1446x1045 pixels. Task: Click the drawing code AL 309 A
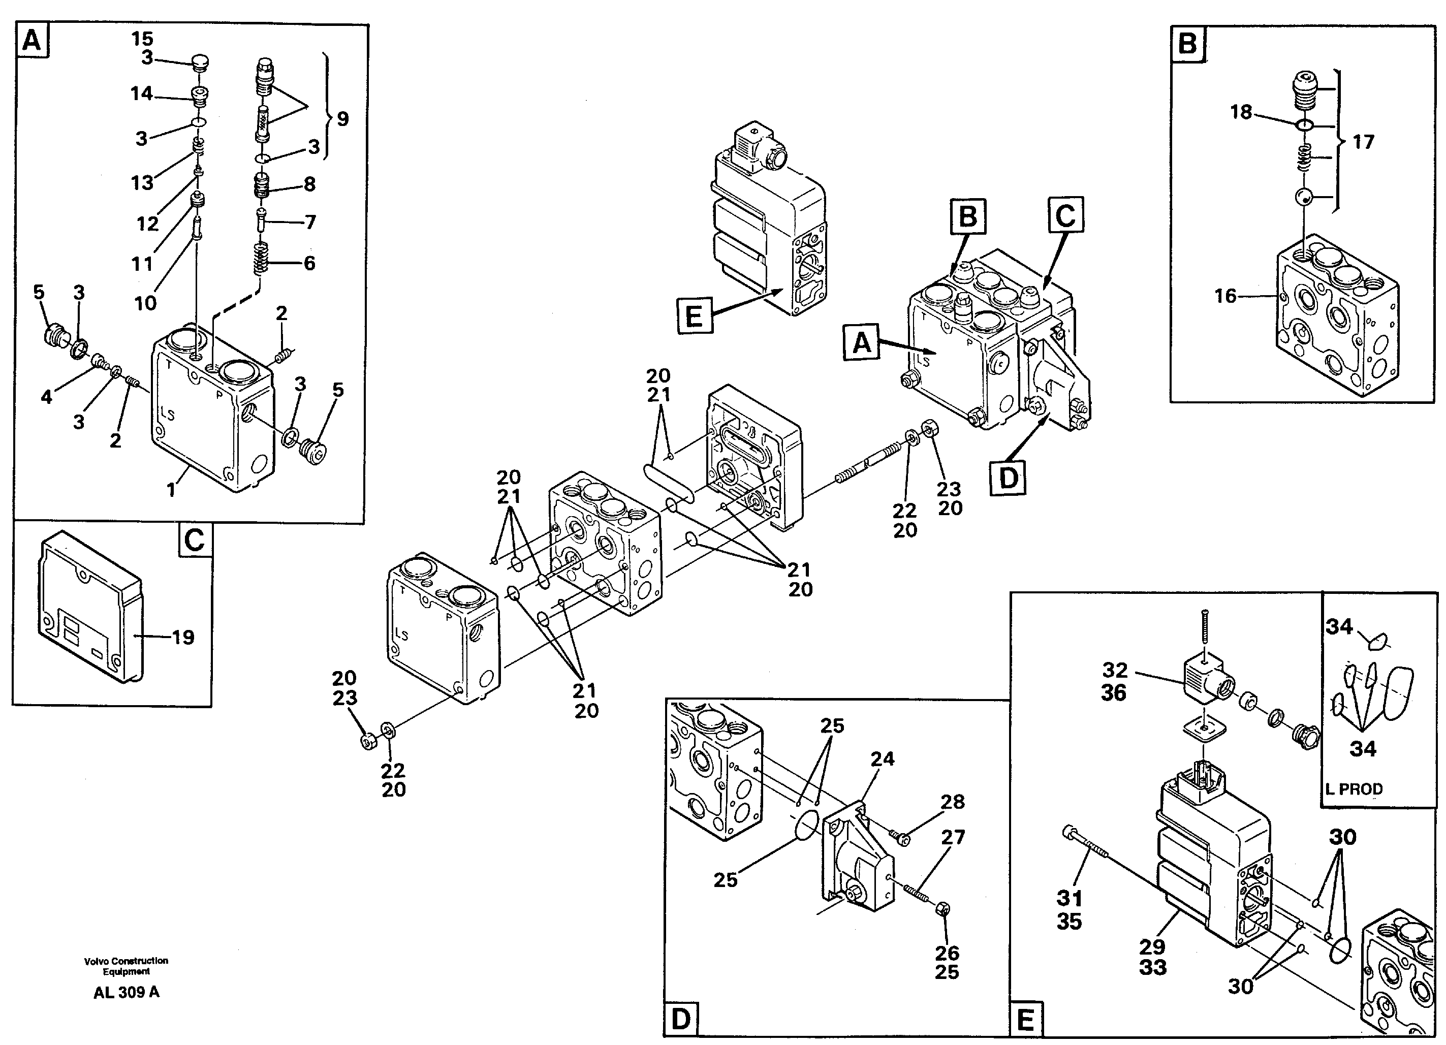[x=126, y=992]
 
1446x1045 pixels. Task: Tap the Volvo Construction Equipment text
[x=126, y=966]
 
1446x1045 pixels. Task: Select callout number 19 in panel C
[x=183, y=637]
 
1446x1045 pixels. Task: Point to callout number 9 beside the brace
[x=342, y=118]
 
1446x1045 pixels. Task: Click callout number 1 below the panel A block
[x=171, y=490]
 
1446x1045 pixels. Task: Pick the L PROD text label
[x=1354, y=788]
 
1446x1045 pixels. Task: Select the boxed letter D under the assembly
[x=1008, y=477]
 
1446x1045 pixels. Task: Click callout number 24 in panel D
[x=883, y=758]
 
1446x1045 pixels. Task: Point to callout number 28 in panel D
[x=953, y=802]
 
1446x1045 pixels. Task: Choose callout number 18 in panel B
[x=1241, y=113]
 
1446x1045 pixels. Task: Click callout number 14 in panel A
[x=142, y=93]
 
